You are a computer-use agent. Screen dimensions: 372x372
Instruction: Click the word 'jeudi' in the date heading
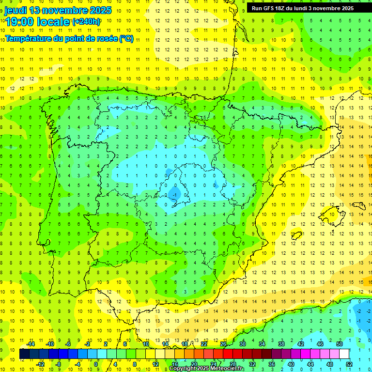[x=16, y=10]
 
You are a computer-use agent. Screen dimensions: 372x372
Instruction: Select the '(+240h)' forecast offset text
[x=86, y=22]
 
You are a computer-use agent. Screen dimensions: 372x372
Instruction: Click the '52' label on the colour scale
[x=349, y=364]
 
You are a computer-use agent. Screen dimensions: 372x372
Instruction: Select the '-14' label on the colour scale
[x=31, y=344]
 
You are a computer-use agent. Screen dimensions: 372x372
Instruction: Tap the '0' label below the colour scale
[x=96, y=364]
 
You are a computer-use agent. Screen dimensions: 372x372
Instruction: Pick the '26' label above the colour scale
[x=223, y=344]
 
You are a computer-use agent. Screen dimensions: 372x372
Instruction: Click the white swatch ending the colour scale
[x=344, y=354]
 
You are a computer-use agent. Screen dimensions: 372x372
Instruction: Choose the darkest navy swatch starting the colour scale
[x=24, y=354]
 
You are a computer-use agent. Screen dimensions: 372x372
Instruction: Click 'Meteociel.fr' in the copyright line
[x=227, y=369]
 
